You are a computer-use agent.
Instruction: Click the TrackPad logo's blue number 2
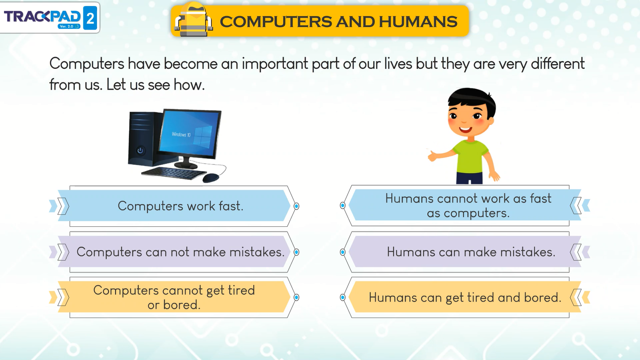(x=90, y=18)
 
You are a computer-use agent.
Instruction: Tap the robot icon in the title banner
(x=194, y=20)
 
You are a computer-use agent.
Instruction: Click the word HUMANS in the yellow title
(x=418, y=22)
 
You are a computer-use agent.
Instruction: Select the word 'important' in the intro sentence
(x=275, y=64)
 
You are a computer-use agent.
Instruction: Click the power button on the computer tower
(x=140, y=150)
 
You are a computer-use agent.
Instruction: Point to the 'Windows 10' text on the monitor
(x=181, y=134)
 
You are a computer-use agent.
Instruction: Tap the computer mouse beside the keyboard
(x=211, y=178)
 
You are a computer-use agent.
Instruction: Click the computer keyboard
(x=174, y=173)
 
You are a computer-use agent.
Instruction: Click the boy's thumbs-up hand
(x=432, y=156)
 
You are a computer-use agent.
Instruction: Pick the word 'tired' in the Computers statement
(x=241, y=290)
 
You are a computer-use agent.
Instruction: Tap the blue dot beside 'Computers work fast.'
(x=296, y=206)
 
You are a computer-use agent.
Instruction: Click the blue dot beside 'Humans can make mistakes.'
(x=342, y=252)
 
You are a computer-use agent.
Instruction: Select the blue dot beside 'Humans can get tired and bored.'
(x=342, y=298)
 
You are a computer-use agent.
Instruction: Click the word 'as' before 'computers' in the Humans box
(x=434, y=214)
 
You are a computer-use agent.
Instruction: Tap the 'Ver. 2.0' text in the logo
(x=66, y=26)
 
